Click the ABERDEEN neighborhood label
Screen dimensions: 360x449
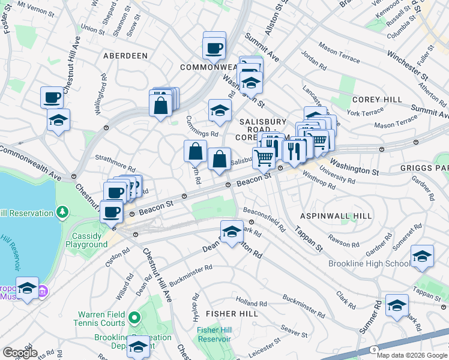click(125, 55)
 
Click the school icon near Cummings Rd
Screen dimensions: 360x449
click(220, 110)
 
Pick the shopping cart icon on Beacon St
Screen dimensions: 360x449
click(264, 158)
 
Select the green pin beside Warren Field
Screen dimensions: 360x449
click(135, 317)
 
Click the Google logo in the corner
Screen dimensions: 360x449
click(20, 353)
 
